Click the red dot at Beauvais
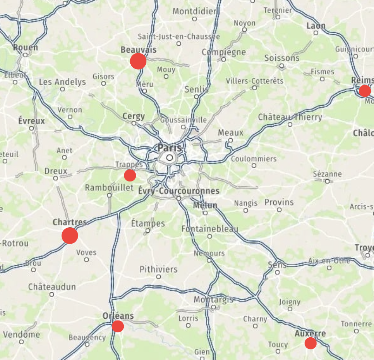point(138,61)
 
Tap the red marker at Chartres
point(70,235)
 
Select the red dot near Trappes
point(130,175)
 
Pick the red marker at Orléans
point(118,326)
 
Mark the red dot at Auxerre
point(310,343)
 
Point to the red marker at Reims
point(364,90)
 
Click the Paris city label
point(169,148)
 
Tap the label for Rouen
point(25,48)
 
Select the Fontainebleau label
point(210,229)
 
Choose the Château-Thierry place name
point(290,117)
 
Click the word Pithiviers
point(158,269)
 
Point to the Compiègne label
point(224,52)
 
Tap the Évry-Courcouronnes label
point(179,191)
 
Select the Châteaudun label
point(52,286)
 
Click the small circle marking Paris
point(169,158)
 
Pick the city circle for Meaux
point(231,140)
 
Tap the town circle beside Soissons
point(281,66)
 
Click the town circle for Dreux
point(56,178)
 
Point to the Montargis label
point(213,300)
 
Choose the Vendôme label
point(22,334)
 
